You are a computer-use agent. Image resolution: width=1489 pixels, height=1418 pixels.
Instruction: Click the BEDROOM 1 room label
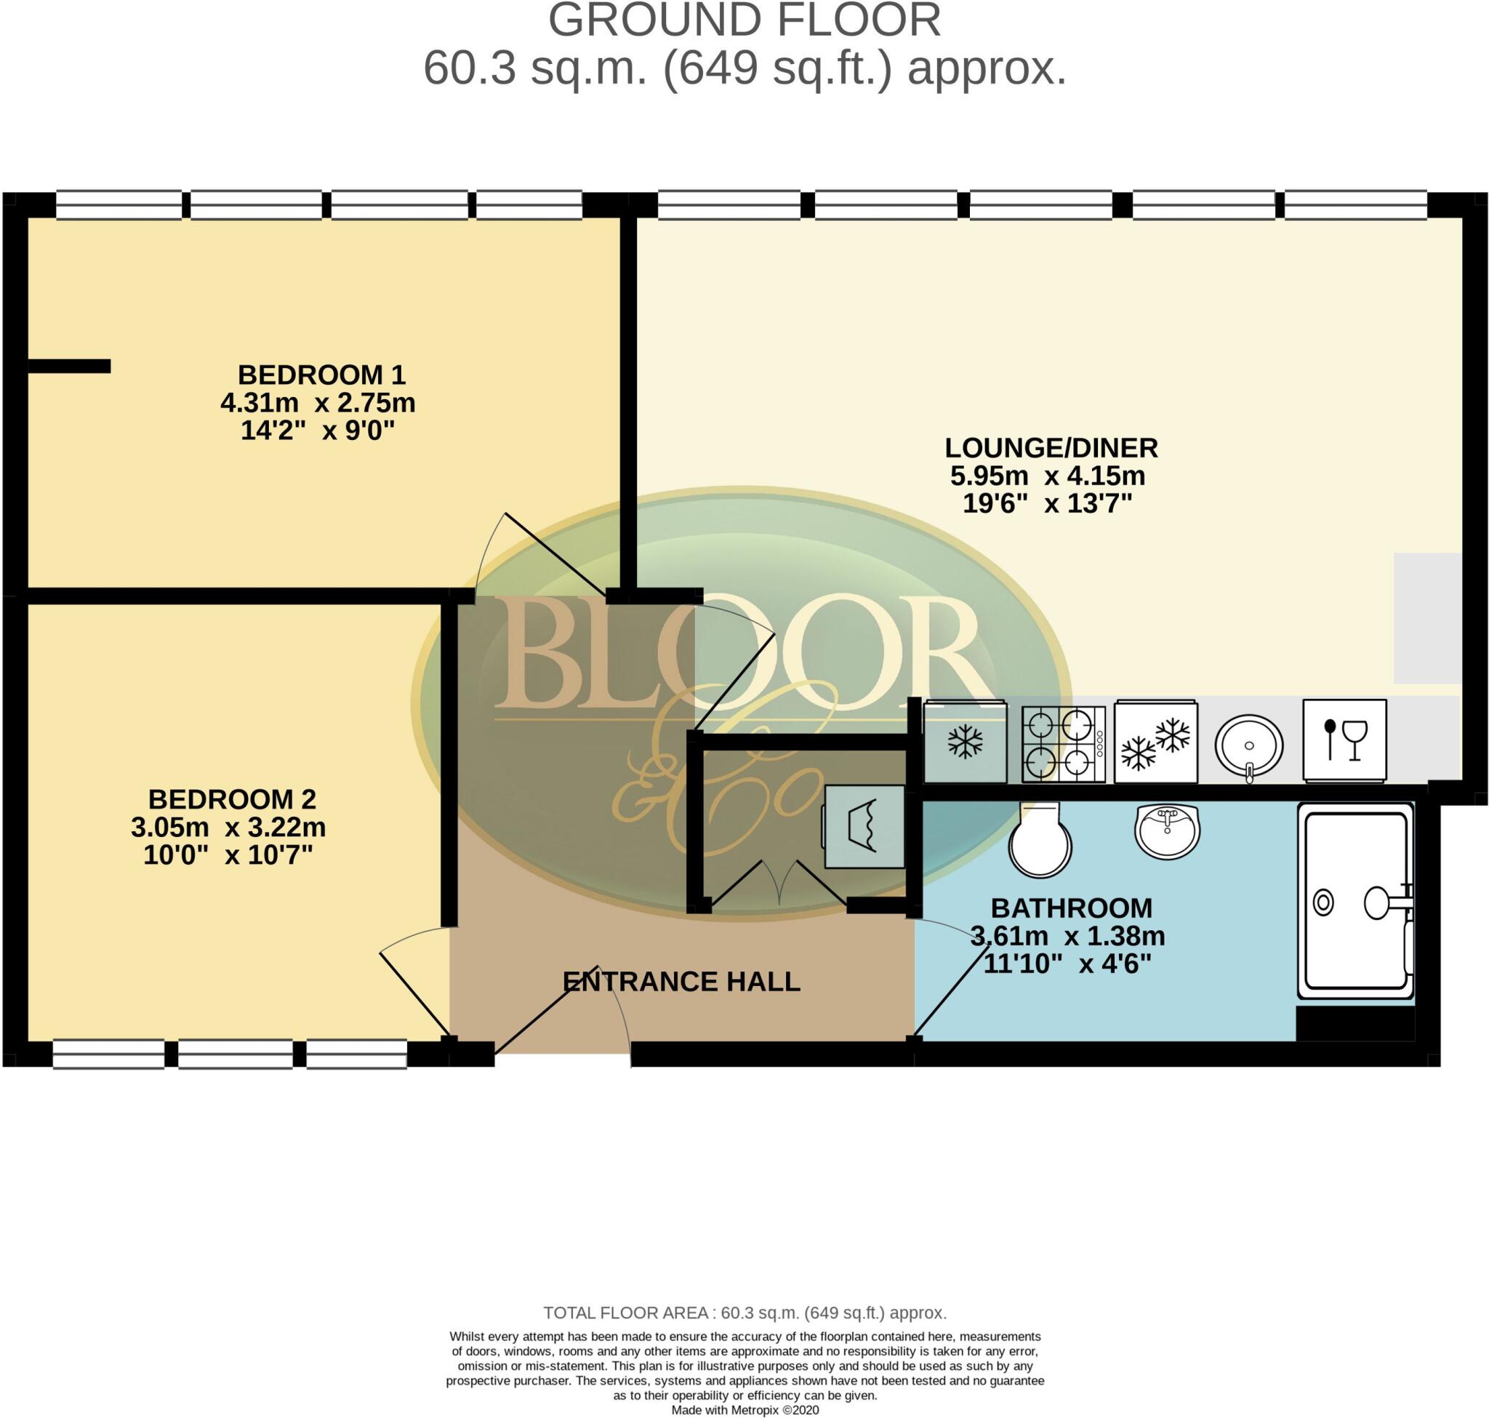pos(321,375)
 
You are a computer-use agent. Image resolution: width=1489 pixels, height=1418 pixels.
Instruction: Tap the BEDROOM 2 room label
pos(232,799)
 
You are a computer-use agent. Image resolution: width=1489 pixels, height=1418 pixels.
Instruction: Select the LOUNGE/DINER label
pos(1051,448)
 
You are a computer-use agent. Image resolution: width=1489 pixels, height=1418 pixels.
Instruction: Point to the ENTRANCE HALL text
pos(681,982)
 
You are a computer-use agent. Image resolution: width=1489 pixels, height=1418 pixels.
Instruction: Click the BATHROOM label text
pos(1071,908)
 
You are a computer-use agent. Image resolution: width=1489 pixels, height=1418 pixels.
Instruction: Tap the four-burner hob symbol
pos(1064,744)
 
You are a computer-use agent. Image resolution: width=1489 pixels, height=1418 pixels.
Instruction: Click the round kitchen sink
pos(1248,745)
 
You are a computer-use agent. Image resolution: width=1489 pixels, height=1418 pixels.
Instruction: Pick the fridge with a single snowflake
pos(965,742)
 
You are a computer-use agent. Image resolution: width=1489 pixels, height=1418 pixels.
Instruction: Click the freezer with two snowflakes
pos(1156,742)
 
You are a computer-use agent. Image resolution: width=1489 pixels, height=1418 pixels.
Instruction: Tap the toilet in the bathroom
pos(1040,840)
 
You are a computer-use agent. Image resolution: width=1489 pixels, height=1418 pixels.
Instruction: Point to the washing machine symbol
pos(864,826)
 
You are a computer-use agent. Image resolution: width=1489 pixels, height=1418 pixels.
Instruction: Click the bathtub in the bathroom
pos(1355,901)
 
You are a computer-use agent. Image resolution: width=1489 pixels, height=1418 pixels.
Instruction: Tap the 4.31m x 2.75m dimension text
pos(318,403)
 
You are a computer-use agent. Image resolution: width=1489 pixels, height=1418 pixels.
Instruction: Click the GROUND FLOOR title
pos(744,20)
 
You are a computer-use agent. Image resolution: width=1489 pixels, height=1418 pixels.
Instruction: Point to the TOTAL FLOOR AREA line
pos(744,1313)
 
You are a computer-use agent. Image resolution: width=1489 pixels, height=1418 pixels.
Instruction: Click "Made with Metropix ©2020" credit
pos(744,1411)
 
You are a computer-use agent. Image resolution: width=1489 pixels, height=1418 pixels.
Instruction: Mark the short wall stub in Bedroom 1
pos(70,366)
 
